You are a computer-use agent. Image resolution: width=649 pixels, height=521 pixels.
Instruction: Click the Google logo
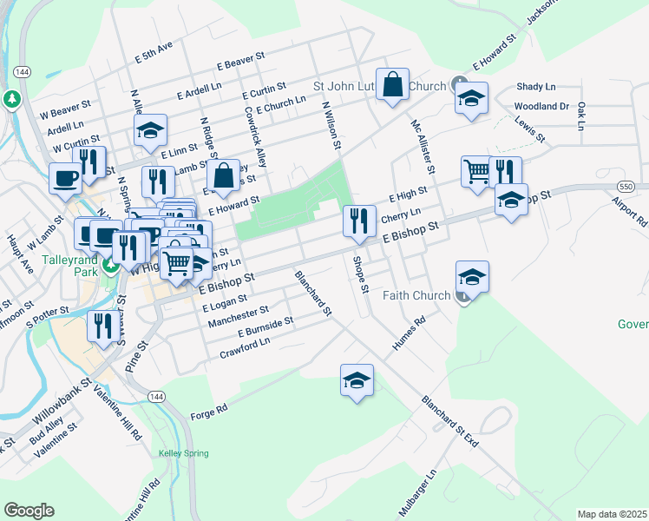29,511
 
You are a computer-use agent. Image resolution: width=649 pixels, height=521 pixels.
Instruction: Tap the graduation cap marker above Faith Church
472,278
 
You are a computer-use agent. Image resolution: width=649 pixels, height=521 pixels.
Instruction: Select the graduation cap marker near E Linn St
150,131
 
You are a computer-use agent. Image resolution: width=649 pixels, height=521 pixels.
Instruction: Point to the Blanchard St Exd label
450,422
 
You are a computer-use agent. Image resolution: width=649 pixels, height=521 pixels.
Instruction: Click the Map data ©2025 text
611,514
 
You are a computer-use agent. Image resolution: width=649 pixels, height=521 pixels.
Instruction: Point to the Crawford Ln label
245,347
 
